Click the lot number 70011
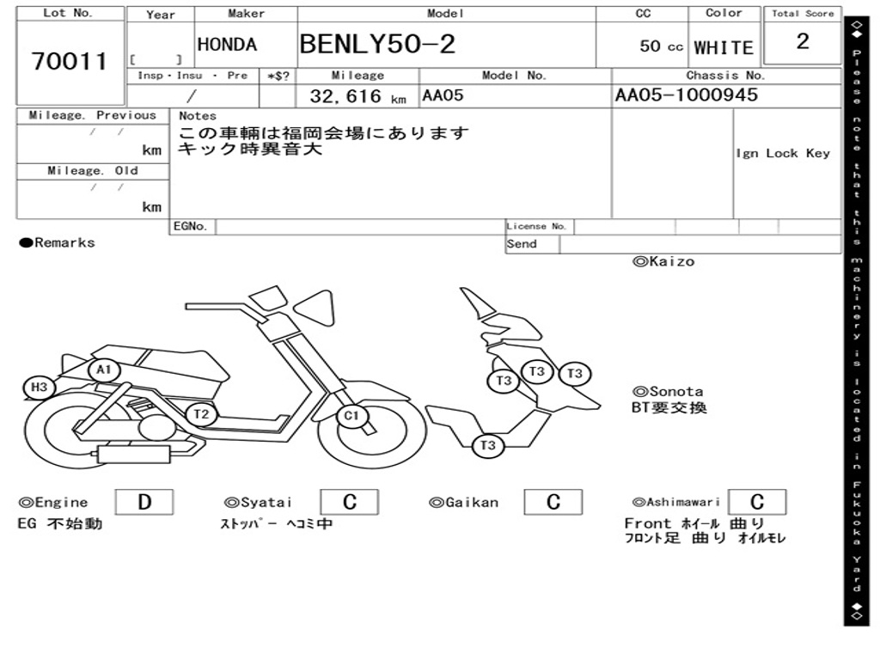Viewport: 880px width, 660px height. (x=70, y=62)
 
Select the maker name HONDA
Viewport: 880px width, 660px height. (x=227, y=45)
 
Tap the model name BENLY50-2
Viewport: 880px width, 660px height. (x=377, y=44)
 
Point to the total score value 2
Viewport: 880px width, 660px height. (x=803, y=42)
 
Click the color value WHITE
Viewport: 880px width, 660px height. (x=724, y=48)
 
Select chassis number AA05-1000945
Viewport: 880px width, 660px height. (x=687, y=95)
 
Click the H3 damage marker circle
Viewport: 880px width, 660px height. (x=39, y=388)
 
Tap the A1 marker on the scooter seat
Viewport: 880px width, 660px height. (x=104, y=370)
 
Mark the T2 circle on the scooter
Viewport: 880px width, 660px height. (x=201, y=414)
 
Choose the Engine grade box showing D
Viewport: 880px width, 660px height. (x=144, y=502)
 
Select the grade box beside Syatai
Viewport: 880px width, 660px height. (x=350, y=502)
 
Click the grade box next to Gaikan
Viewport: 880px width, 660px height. (x=553, y=502)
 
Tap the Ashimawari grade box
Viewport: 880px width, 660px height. (x=757, y=502)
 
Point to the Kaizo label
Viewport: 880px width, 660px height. (x=663, y=261)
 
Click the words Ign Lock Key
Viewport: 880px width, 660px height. (x=783, y=153)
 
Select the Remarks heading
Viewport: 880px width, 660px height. (x=58, y=243)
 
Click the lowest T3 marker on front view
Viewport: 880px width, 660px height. (x=488, y=445)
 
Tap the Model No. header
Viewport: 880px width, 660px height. (x=514, y=76)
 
